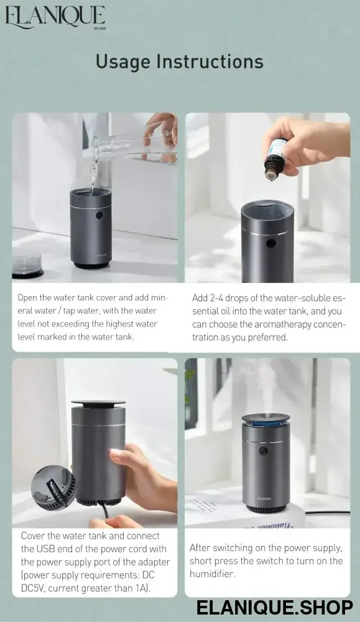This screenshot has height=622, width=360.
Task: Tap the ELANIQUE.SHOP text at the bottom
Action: [x=274, y=607]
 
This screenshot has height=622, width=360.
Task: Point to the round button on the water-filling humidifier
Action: [x=99, y=215]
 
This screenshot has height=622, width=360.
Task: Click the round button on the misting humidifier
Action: [x=262, y=450]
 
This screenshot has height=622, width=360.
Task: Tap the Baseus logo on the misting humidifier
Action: [x=264, y=499]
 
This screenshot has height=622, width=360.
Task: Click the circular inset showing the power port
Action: [x=54, y=488]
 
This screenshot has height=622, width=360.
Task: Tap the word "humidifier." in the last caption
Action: [x=212, y=574]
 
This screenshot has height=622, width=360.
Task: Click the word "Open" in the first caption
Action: [x=27, y=298]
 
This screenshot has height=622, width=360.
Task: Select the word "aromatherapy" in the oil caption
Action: [x=283, y=325]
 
